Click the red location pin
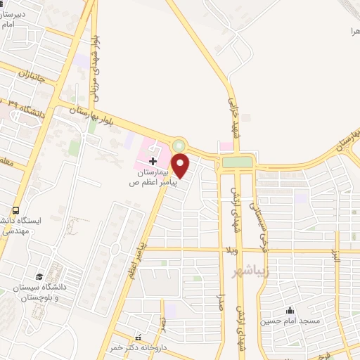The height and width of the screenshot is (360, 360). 181,166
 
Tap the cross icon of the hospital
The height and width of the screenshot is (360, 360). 153,162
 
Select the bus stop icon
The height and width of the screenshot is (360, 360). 15,210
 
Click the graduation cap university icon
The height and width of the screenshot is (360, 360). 39,276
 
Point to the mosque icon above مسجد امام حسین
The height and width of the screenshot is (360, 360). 289,310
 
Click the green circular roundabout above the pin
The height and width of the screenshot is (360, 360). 179,146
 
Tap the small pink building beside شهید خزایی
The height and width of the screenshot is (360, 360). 225,146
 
